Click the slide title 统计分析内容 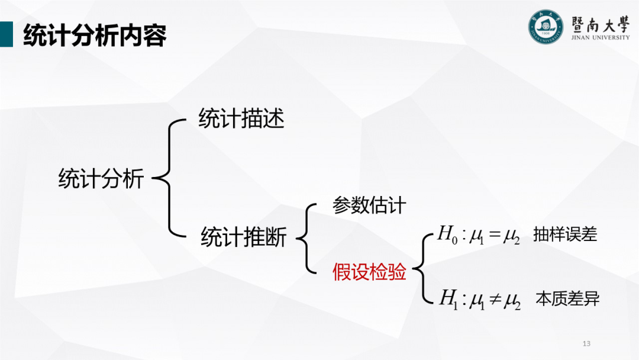coord(95,36)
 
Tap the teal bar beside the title coord(6,34)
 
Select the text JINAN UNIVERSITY coord(601,37)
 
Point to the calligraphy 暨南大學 coord(600,22)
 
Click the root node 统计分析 coord(101,178)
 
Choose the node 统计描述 coord(241,119)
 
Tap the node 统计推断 coord(243,237)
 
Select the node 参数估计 coord(369,205)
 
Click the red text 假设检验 coord(369,272)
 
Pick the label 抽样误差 coord(565,234)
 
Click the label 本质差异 coord(567,298)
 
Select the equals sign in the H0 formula coord(494,236)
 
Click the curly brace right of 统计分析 coord(165,177)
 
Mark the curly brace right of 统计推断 coord(303,239)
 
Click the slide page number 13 coord(587,343)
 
